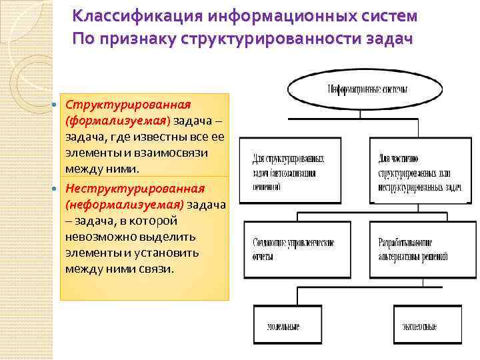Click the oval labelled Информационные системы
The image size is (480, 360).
[368, 89]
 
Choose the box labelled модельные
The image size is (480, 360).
[283, 325]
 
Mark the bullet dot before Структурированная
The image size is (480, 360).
[56, 106]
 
